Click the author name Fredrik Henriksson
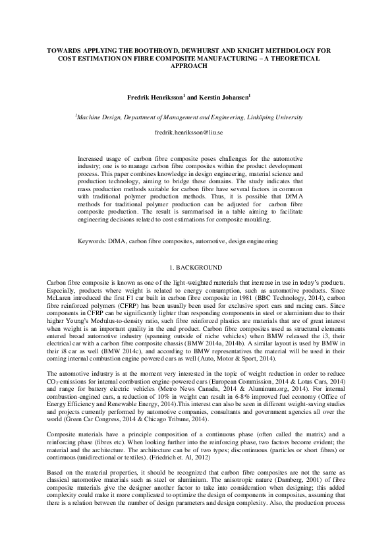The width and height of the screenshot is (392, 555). [154, 96]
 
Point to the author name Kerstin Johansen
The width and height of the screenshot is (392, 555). [221, 96]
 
